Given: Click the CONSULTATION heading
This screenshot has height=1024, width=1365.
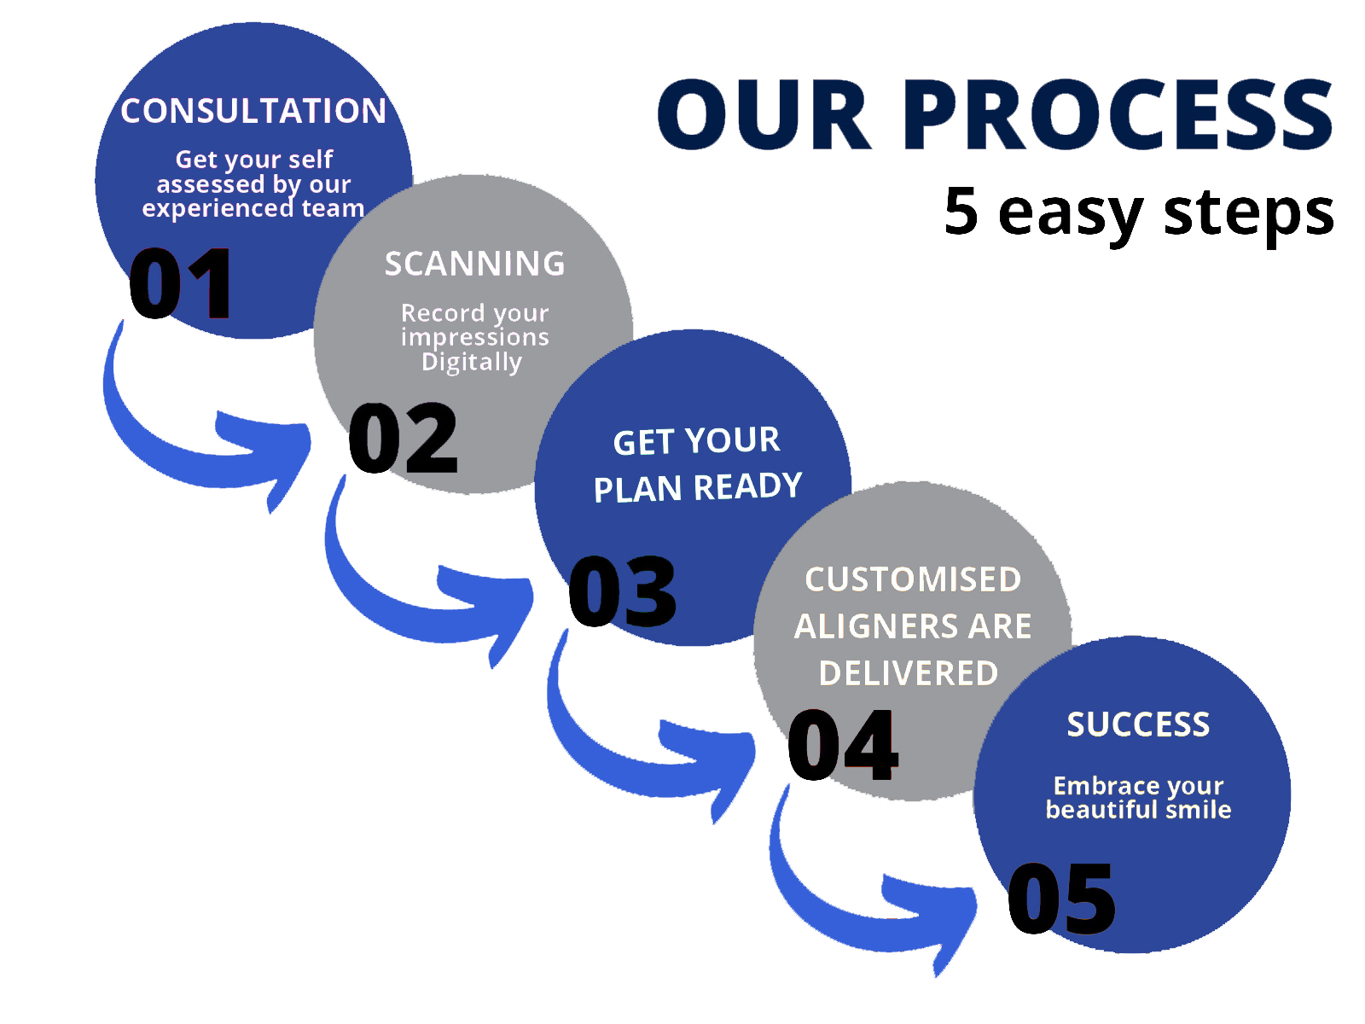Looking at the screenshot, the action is [253, 111].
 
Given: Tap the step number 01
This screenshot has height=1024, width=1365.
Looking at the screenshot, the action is [180, 283].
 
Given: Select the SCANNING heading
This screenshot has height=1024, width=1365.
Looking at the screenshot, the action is [474, 264].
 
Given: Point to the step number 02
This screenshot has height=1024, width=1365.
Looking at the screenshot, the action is [403, 438].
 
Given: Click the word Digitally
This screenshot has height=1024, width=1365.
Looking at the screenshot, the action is [472, 362].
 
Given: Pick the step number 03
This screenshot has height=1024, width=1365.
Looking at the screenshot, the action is [622, 591].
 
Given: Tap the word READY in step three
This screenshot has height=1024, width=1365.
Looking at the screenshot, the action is [748, 486].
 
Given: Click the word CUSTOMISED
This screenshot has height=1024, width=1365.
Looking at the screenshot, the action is [913, 579].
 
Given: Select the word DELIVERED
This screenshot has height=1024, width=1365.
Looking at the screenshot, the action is [909, 673].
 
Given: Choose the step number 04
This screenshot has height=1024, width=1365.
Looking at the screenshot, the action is [843, 745].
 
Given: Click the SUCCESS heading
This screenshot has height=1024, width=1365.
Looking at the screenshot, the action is [1138, 724].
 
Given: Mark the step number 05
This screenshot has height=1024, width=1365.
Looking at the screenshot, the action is [1061, 899].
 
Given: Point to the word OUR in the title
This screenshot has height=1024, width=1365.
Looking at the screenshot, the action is [764, 115].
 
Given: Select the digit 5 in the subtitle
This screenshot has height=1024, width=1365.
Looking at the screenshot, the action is [961, 211].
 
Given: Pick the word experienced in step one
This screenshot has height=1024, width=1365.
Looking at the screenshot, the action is [218, 209].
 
